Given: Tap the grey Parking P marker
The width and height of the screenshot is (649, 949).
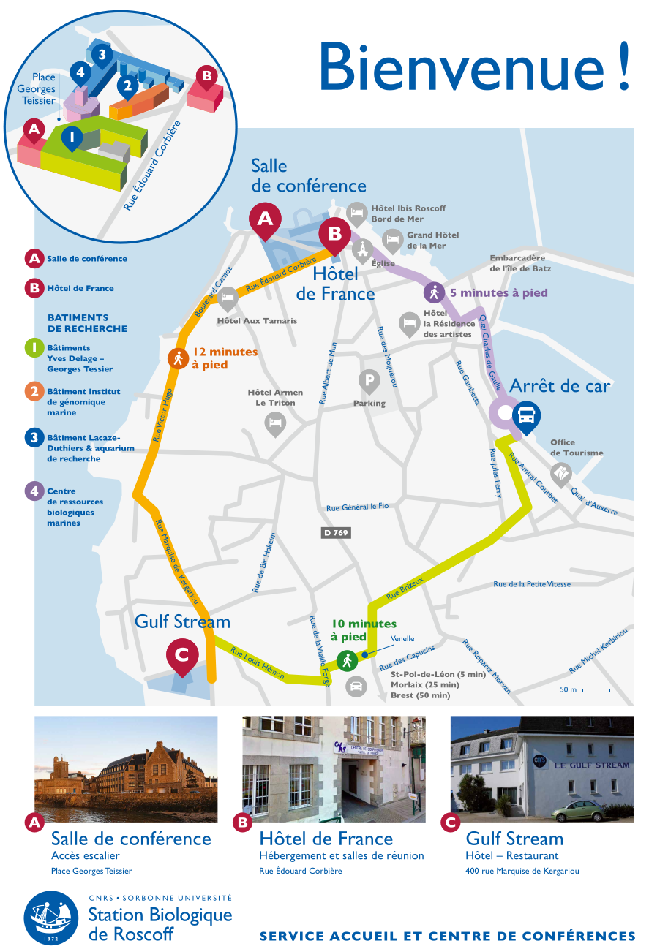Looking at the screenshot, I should pos(369,381).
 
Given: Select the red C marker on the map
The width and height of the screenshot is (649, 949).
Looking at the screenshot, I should pos(181,655).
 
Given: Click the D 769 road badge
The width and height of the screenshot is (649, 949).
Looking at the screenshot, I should pos(337,533).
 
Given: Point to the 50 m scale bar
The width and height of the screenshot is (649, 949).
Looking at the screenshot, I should pos(596,690).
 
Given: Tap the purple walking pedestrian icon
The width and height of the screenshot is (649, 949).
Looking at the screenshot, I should pos(435,293).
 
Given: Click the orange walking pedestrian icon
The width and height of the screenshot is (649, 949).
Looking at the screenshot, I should pos(178,358).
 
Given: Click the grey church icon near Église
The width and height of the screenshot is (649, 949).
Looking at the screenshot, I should pos(362,249).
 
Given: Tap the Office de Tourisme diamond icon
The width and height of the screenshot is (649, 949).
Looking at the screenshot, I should pos(560,474).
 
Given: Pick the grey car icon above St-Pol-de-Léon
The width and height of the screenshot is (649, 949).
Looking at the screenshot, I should pos(356,687).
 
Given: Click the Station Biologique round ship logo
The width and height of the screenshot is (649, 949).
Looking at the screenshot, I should pos(51,918).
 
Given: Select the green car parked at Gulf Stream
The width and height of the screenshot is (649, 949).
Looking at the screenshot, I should pos(578,811).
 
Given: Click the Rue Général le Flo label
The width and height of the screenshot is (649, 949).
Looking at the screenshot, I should pos(358,507).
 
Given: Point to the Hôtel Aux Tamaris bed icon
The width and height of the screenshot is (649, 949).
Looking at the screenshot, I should pos(228,298).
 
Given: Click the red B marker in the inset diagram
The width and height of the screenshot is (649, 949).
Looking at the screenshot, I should pos(206,75).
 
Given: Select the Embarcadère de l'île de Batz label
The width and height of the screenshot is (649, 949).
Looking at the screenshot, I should pos(520,263).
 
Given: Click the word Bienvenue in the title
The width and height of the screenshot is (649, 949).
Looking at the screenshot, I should pos(457,67).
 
